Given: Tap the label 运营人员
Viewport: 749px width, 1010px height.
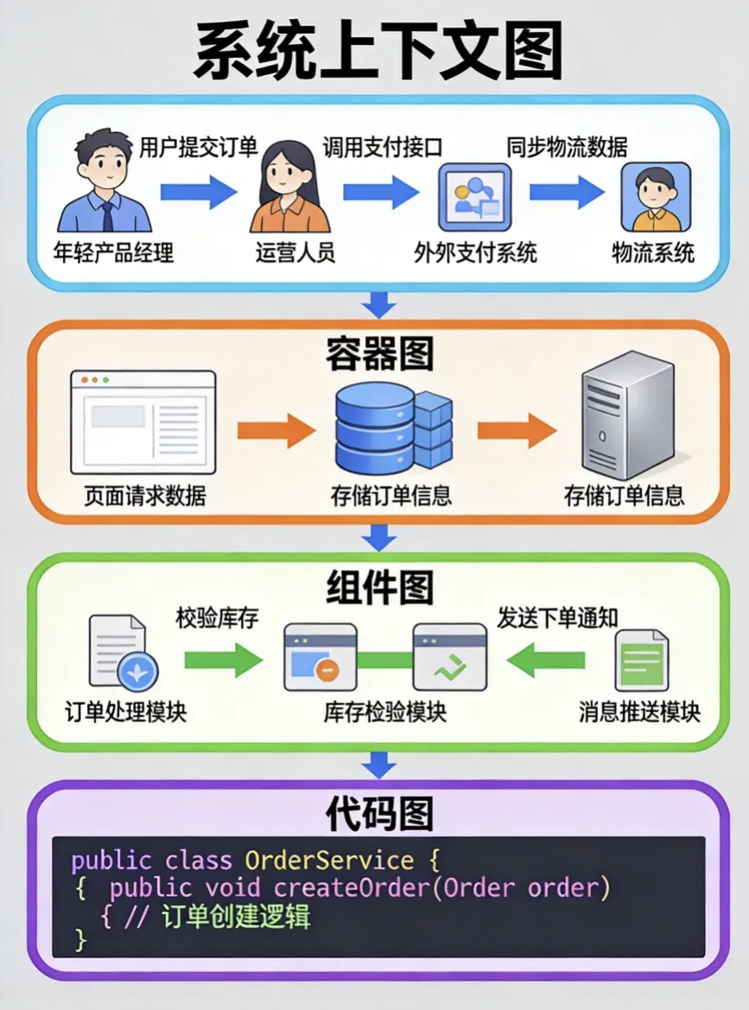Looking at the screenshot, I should [295, 252].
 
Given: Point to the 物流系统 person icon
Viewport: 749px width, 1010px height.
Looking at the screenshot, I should [656, 196].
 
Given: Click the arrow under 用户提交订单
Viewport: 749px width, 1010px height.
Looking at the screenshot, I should [198, 191].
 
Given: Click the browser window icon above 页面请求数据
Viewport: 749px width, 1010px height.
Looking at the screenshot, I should [143, 421].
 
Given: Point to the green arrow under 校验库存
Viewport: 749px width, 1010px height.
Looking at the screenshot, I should [222, 661].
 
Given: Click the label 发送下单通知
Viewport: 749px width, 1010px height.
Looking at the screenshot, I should [558, 619].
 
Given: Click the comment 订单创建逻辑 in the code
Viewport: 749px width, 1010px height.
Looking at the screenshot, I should [235, 916].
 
